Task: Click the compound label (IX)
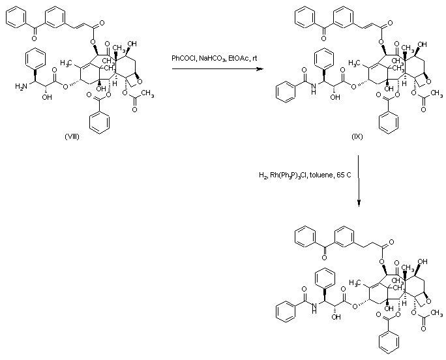point(357,138)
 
